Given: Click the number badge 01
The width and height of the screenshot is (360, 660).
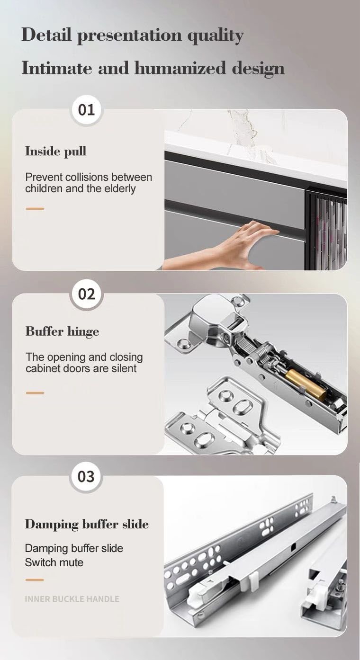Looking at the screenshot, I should pyautogui.click(x=86, y=110).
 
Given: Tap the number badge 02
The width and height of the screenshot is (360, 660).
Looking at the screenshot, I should pyautogui.click(x=86, y=294).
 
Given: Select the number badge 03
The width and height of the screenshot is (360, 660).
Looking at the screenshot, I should pyautogui.click(x=86, y=476).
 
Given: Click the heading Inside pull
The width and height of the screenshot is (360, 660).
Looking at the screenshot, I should pyautogui.click(x=55, y=152).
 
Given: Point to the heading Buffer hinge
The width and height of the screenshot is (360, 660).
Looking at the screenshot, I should pyautogui.click(x=62, y=331).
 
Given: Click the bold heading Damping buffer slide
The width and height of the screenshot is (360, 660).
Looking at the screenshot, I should pyautogui.click(x=87, y=525).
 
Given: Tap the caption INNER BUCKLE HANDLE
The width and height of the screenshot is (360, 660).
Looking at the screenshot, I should pyautogui.click(x=72, y=599).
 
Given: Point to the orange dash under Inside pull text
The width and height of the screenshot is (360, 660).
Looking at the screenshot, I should pyautogui.click(x=35, y=209).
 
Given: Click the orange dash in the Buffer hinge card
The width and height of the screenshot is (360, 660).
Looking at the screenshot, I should pyautogui.click(x=35, y=393).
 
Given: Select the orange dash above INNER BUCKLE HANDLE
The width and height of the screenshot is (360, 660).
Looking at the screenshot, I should pyautogui.click(x=35, y=580).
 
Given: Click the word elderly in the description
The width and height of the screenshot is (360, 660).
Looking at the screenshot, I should pyautogui.click(x=119, y=188).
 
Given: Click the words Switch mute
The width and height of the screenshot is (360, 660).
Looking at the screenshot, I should pyautogui.click(x=54, y=562).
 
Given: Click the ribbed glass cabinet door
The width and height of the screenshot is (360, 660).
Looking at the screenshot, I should pyautogui.click(x=327, y=230).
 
